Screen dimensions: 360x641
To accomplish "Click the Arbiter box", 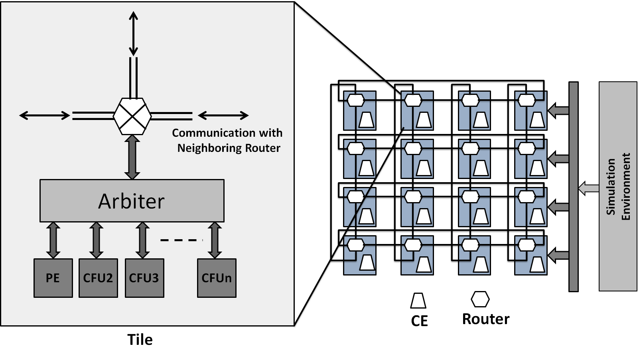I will coord(132,201).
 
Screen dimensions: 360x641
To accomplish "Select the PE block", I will coord(53,278).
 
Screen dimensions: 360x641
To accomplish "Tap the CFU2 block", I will coord(98,278).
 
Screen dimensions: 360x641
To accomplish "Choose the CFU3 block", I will coord(144,278).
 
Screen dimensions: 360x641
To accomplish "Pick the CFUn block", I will coord(217,278).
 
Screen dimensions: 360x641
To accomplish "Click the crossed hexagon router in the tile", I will coord(132,116).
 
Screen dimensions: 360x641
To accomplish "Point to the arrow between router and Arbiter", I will coord(132,157).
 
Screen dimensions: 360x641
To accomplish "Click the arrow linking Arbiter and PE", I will coord(53,240).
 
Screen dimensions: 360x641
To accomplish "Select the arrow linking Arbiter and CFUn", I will coord(215,240).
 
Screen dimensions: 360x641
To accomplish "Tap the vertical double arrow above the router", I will coord(133,33).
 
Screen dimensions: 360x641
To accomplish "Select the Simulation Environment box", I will coord(617,186).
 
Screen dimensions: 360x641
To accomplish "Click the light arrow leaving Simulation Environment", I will coord(588,188).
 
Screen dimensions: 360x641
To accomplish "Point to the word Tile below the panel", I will coord(140,340).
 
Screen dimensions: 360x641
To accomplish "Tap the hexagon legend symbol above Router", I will coord(480,299).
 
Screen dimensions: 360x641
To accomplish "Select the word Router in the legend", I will coord(486,319).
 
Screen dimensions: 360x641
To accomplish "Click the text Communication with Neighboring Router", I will coord(228,140).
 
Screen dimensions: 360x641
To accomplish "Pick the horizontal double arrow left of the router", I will coord(45,116).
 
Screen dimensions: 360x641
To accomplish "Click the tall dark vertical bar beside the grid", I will coord(573,187).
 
